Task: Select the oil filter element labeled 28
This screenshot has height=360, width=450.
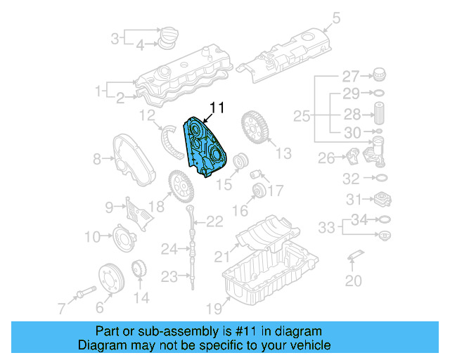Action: (378, 113)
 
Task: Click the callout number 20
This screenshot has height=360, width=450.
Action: (354, 281)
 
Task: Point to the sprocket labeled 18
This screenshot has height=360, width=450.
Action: (180, 186)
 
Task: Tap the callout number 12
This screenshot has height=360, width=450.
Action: (147, 115)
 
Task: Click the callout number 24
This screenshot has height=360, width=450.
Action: (169, 248)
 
